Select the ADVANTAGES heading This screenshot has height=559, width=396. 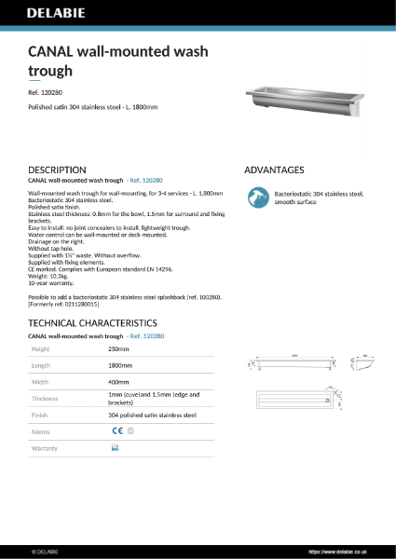click(x=274, y=170)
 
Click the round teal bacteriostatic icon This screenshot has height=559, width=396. click(x=254, y=197)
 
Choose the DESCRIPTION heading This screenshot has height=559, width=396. click(x=58, y=170)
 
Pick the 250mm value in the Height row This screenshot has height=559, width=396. click(x=118, y=348)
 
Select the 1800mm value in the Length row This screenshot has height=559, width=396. click(x=121, y=366)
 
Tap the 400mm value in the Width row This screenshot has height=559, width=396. click(x=119, y=381)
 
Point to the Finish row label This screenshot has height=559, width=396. click(x=41, y=415)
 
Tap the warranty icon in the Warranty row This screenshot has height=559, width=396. click(x=115, y=448)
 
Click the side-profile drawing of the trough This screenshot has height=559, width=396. click(x=363, y=365)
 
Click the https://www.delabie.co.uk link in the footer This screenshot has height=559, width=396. click(x=341, y=551)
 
